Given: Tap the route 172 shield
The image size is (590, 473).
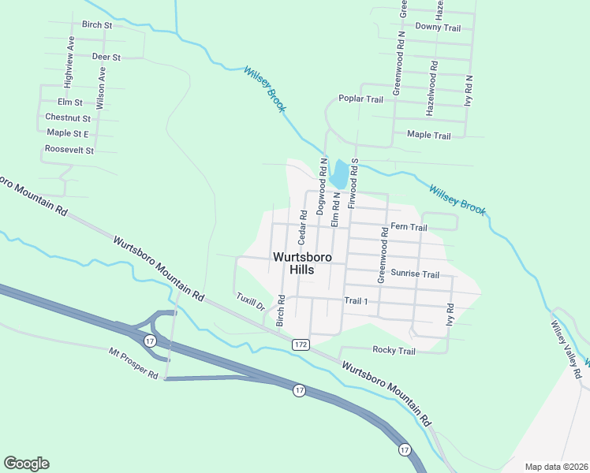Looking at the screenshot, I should coord(300,345).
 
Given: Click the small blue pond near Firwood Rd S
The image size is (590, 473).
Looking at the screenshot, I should coord(339,173).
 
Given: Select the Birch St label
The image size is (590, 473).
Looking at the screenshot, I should coord(97,24).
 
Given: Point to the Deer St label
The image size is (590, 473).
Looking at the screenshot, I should coord(106,57).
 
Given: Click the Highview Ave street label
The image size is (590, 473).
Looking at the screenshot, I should coord(69,56).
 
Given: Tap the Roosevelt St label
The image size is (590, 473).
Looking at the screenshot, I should coord(69,150).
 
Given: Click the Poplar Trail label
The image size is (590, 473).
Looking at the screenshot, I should coord(360,99).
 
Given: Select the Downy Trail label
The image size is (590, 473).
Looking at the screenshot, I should coord(438,28).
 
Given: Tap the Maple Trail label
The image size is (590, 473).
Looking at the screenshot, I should coord(429,136).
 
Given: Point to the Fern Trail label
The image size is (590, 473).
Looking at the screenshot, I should coord(409,228).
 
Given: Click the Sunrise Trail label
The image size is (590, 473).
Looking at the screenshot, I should coord(415,274).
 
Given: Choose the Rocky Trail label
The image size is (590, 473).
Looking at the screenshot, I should coord(393,350).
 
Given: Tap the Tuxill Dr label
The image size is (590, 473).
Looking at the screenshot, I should coord(250,302).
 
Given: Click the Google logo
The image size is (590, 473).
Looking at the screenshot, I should coord(26,464).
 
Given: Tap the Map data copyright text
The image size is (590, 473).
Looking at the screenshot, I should coord(555,467).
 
